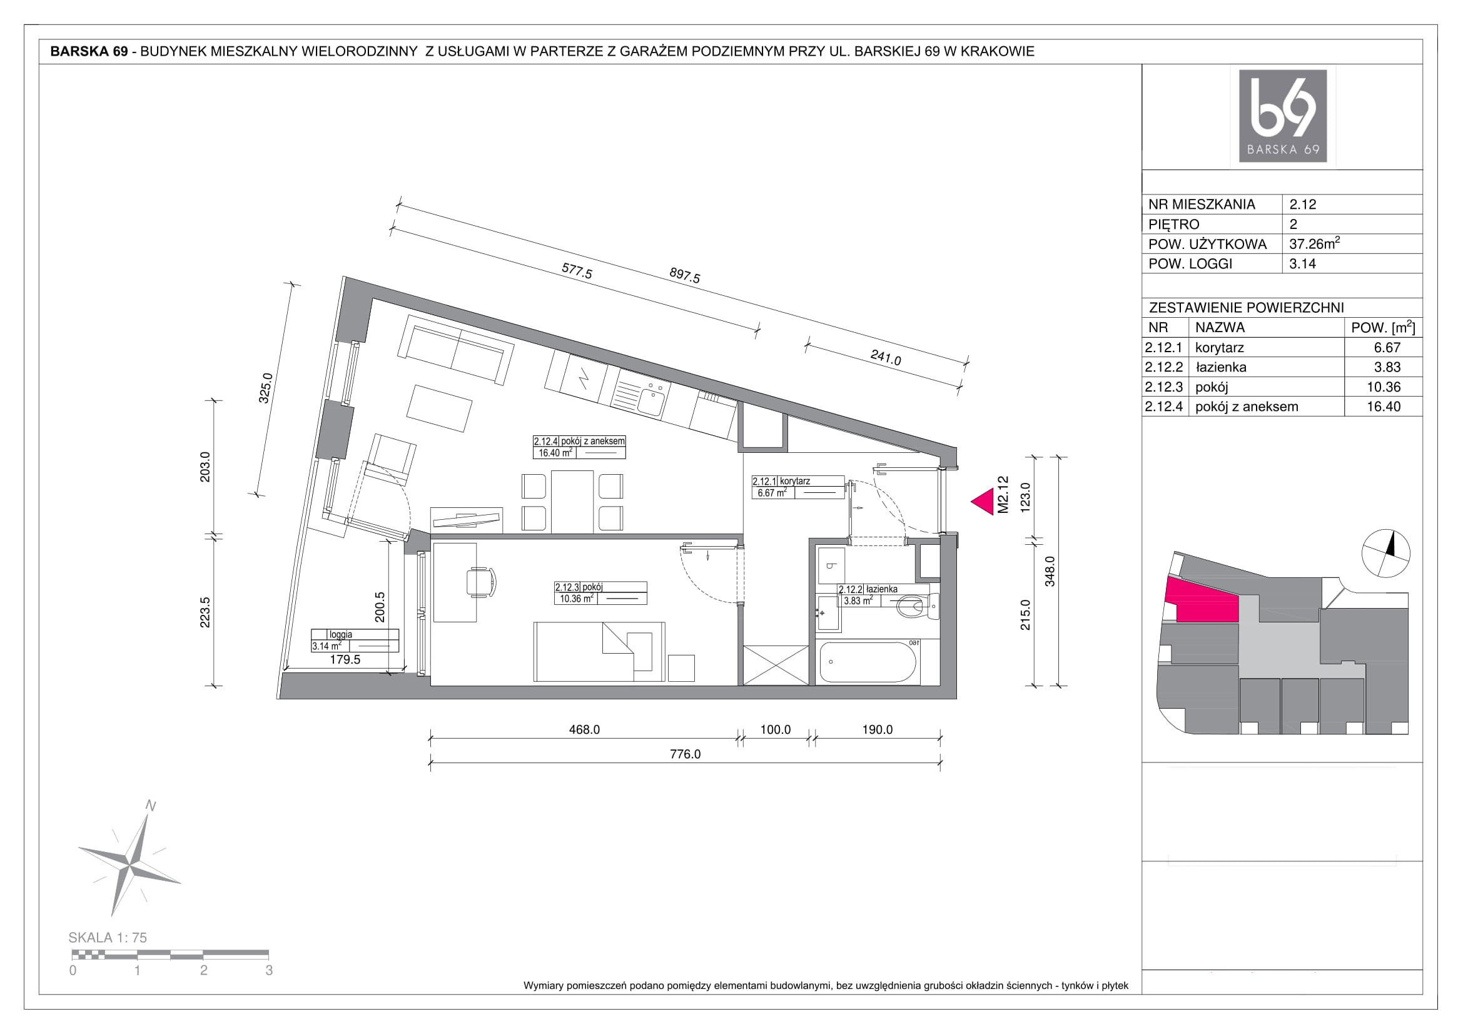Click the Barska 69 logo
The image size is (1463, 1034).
(x=1282, y=116)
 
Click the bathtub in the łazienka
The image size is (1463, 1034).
(x=868, y=662)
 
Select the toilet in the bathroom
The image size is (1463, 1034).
(x=917, y=607)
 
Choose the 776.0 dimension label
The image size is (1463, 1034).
(x=685, y=754)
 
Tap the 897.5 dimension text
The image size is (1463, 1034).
(x=685, y=275)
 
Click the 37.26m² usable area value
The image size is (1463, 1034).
(x=1314, y=243)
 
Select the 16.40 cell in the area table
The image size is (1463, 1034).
(x=1384, y=407)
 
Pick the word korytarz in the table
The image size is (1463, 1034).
(x=1220, y=348)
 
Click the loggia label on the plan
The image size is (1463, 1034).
(x=341, y=634)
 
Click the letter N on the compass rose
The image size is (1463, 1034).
(x=151, y=805)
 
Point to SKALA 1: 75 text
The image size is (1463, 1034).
(x=108, y=938)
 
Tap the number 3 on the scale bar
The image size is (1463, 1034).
(x=269, y=970)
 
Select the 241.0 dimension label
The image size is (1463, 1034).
(x=886, y=357)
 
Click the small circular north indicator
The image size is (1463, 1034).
(x=1385, y=553)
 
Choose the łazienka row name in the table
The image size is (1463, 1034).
(x=1221, y=367)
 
